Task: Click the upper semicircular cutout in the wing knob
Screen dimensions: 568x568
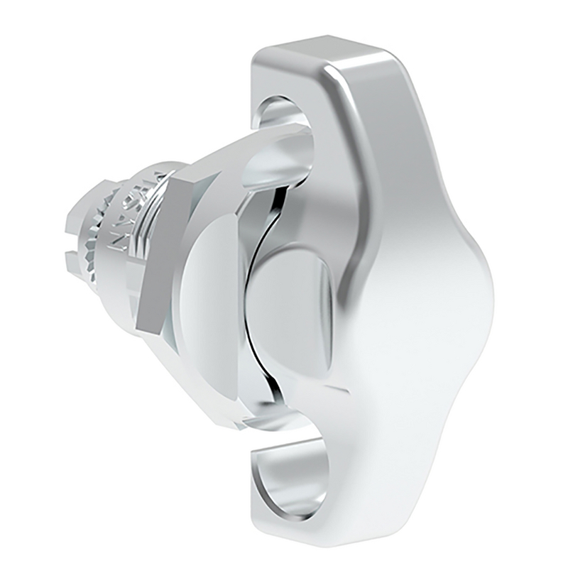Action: point(284,121)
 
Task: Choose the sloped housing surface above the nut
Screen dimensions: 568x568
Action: point(213,170)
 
